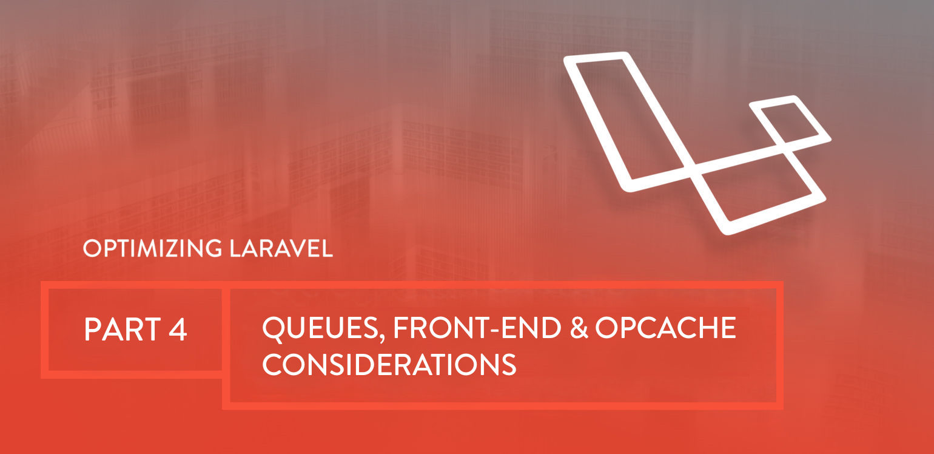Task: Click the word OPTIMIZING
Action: coord(153,248)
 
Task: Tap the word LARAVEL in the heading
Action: coord(281,248)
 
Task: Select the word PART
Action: coord(123,329)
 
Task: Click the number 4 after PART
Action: coord(178,329)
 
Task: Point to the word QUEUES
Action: coord(320,328)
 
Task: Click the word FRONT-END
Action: coord(477,328)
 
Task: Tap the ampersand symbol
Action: coord(579,328)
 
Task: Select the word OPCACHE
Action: coord(666,328)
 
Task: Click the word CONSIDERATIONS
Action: coord(389,364)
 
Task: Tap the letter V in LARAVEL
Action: coord(297,248)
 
